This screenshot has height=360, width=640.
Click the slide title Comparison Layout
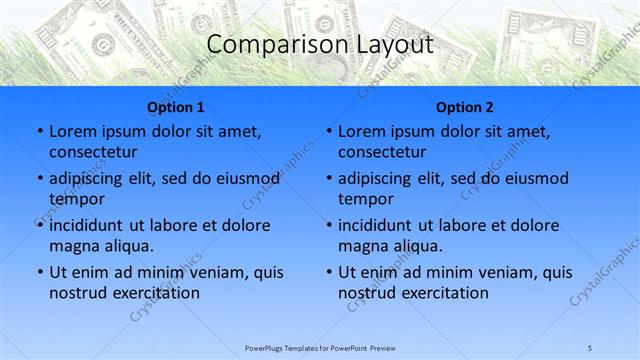coord(319,45)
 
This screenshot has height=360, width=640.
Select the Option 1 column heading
coord(175,107)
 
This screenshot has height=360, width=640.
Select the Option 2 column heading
coord(464,107)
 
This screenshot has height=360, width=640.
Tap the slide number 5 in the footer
coord(590,347)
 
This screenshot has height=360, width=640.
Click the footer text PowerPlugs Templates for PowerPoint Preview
coord(320,347)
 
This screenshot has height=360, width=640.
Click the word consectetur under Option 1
coord(93,152)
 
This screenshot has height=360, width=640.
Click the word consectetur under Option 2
coord(382,152)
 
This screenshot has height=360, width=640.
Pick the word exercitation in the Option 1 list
coord(154,293)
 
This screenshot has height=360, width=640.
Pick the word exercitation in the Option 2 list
coord(443,293)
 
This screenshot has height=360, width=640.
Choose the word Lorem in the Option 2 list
coord(361,131)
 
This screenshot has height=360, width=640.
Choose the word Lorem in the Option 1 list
coord(72,131)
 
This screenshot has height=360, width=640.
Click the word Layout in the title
coord(393,45)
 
